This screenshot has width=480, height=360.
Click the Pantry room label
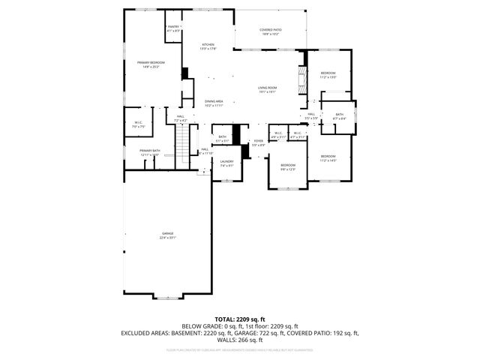pyautogui.click(x=173, y=28)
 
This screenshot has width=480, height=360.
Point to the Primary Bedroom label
pyautogui.click(x=151, y=64)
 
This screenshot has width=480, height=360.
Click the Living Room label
pyautogui.click(x=268, y=90)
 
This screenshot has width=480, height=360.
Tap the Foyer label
pyautogui.click(x=258, y=142)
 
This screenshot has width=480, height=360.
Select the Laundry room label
pyautogui.click(x=226, y=163)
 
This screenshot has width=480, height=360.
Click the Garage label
pyautogui.click(x=166, y=235)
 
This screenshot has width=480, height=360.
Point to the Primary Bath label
pyautogui.click(x=150, y=152)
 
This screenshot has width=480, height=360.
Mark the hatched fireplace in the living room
pyautogui.click(x=302, y=78)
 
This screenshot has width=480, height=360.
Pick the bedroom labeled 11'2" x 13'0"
pyautogui.click(x=328, y=75)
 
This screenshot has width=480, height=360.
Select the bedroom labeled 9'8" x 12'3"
pyautogui.click(x=289, y=166)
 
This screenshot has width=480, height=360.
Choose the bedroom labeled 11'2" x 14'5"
pyautogui.click(x=328, y=158)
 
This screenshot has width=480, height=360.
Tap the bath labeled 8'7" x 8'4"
pyautogui.click(x=339, y=116)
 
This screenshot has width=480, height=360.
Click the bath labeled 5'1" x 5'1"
pyautogui.click(x=223, y=139)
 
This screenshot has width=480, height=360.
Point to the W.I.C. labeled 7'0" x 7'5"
pyautogui.click(x=139, y=124)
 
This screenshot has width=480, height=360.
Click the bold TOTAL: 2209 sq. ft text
pyautogui.click(x=240, y=319)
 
